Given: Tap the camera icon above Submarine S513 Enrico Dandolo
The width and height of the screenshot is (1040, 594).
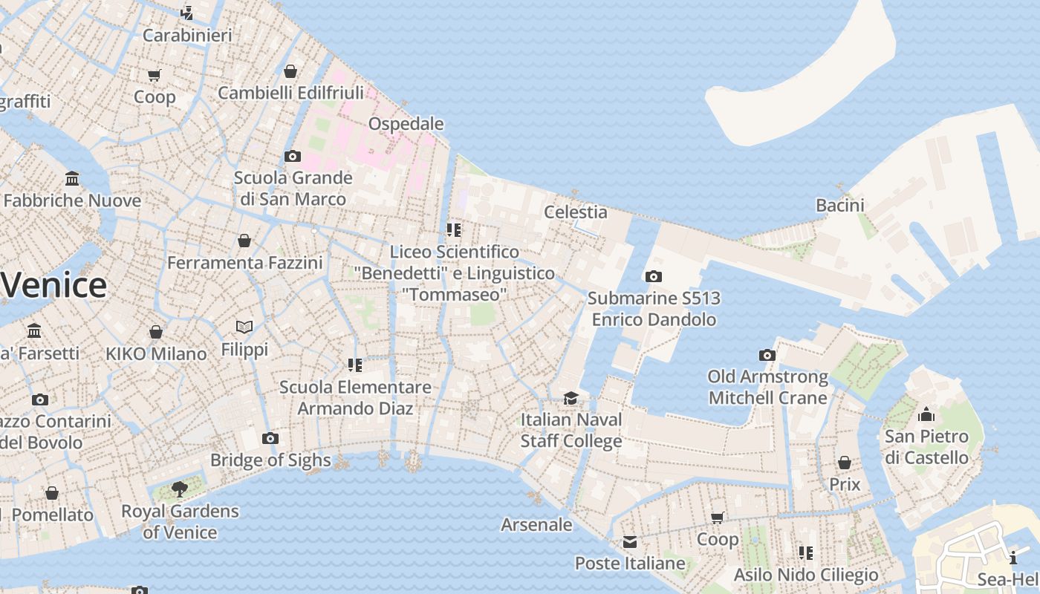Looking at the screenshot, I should coord(654,277).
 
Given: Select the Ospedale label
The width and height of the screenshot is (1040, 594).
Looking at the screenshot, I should coord(406,124).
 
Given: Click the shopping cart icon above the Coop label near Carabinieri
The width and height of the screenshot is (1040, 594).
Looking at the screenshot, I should coord(155,75).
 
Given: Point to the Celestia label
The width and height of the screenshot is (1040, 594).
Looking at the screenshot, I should coord(576,212).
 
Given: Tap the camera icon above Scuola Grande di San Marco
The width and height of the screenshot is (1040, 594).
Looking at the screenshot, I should coord(293,157).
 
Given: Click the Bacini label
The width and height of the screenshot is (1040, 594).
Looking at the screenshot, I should coord(840,206).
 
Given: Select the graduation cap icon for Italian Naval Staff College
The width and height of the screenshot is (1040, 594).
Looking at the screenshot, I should coord(571,399).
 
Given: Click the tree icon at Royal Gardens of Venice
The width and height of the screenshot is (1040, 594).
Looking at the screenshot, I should coord(179,489).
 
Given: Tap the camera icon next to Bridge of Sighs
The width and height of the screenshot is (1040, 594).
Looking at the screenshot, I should coord(270,439).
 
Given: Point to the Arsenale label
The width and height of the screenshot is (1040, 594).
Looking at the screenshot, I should coord(536,525).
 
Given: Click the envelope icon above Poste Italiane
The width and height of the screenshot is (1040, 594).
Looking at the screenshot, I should coord(630,542).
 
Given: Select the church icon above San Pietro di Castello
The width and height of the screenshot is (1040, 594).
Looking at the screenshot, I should coord(926,414).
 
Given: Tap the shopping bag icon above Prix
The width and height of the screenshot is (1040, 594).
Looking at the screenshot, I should coord(845,463).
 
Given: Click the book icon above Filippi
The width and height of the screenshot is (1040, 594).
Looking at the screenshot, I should coord(244,327).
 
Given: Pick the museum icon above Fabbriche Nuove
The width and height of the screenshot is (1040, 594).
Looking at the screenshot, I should coord(72,179).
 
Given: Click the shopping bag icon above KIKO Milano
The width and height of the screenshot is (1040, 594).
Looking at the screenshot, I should coord(156,332).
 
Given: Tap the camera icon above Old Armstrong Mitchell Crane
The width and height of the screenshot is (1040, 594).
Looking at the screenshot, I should coord(767,356).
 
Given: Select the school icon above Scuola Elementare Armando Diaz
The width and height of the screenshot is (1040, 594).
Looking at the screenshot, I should coord(355,365).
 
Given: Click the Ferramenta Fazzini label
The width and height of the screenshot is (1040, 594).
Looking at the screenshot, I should coord(245,263).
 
